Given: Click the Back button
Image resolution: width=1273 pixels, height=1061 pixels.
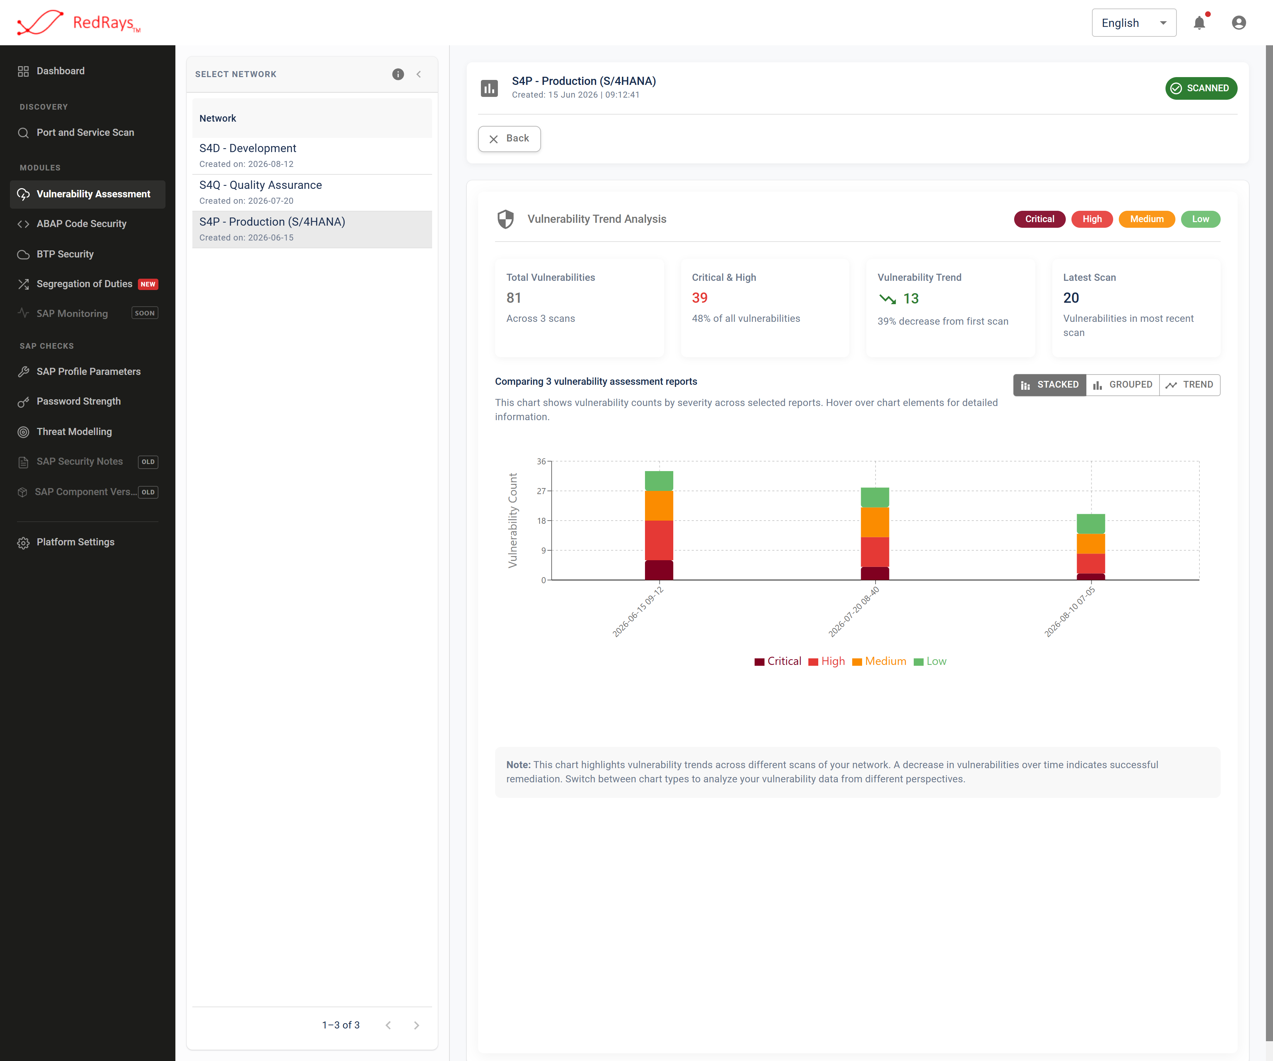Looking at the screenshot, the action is pyautogui.click(x=509, y=139).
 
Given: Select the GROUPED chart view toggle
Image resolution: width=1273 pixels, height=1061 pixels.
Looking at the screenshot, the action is pyautogui.click(x=1123, y=385).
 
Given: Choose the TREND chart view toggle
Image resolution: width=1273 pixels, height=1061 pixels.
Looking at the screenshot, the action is pyautogui.click(x=1189, y=385).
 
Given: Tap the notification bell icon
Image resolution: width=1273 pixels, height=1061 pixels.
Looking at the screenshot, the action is pyautogui.click(x=1199, y=23).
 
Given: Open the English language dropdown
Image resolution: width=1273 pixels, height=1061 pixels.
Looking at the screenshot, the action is pyautogui.click(x=1134, y=23).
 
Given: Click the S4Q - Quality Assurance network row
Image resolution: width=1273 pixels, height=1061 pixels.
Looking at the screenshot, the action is pyautogui.click(x=312, y=192).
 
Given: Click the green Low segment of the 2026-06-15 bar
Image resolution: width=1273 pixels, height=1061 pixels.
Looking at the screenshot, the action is pyautogui.click(x=659, y=481).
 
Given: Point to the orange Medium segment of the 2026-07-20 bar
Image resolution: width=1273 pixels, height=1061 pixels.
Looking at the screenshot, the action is pyautogui.click(x=875, y=522).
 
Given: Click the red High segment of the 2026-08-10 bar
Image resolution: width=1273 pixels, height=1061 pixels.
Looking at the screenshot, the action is pyautogui.click(x=1091, y=564).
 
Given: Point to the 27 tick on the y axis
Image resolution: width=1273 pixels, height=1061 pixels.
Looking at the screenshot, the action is pyautogui.click(x=541, y=491).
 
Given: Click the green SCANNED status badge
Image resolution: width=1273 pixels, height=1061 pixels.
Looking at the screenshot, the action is pyautogui.click(x=1201, y=88).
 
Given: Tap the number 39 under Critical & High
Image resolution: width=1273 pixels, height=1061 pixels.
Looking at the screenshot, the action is pyautogui.click(x=699, y=298).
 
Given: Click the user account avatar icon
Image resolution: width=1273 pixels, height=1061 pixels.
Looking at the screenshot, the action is pyautogui.click(x=1238, y=23).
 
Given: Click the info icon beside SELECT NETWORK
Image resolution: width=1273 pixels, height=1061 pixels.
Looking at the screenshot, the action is pyautogui.click(x=398, y=74).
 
